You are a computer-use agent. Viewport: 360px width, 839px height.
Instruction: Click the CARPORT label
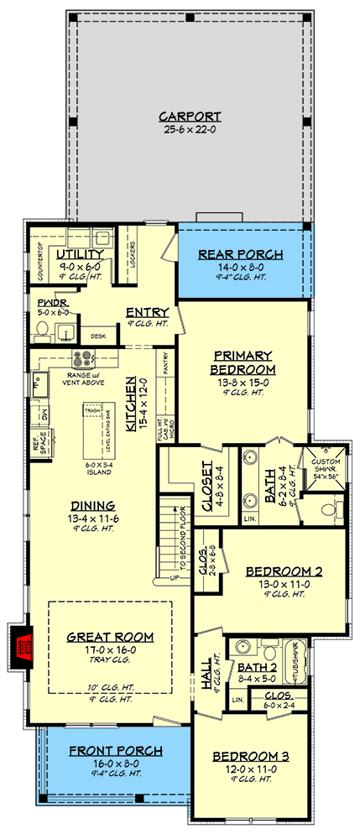point(189,117)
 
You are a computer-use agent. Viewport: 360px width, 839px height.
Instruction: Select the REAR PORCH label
point(240,254)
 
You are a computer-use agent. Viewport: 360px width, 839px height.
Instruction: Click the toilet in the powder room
point(41,335)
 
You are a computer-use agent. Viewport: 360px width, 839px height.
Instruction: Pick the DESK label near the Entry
point(98,336)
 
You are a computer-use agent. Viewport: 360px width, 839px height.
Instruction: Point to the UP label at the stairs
point(174,579)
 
